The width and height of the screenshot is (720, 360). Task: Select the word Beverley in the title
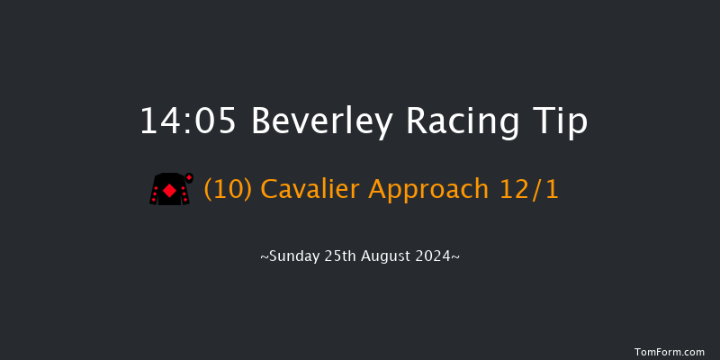pos(321,121)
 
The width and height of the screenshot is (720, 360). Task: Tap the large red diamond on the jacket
pos(169,190)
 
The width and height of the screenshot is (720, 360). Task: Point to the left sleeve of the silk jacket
pos(156,192)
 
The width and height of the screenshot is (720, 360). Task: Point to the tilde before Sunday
pos(265,257)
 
